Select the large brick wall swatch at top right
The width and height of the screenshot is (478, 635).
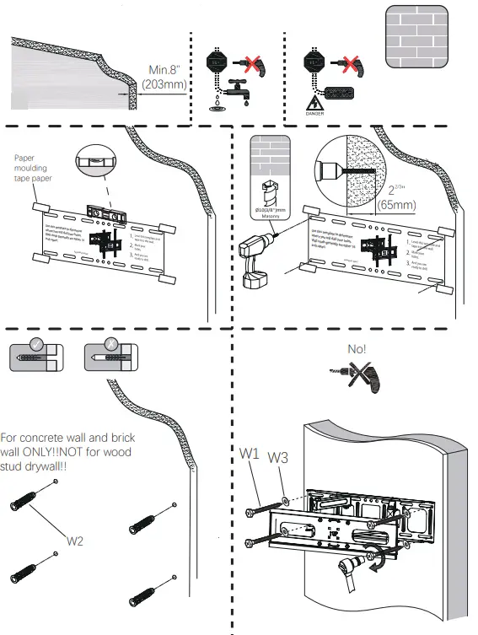pos(416,37)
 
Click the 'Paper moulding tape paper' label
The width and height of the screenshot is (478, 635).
pos(34,170)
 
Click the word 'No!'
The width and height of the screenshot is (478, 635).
pos(357,347)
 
